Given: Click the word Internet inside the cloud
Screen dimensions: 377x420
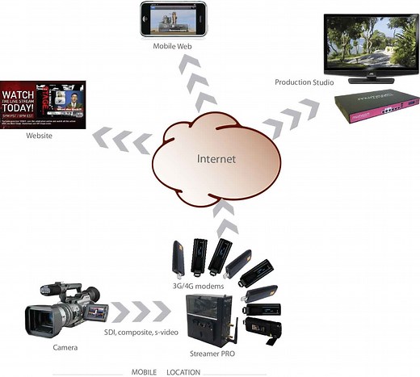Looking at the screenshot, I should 216,158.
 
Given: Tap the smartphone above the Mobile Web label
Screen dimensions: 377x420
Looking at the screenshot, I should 174,19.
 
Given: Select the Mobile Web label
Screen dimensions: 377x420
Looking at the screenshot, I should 173,46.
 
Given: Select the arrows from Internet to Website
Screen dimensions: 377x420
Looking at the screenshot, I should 121,139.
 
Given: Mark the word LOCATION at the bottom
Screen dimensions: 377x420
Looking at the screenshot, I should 183,372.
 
